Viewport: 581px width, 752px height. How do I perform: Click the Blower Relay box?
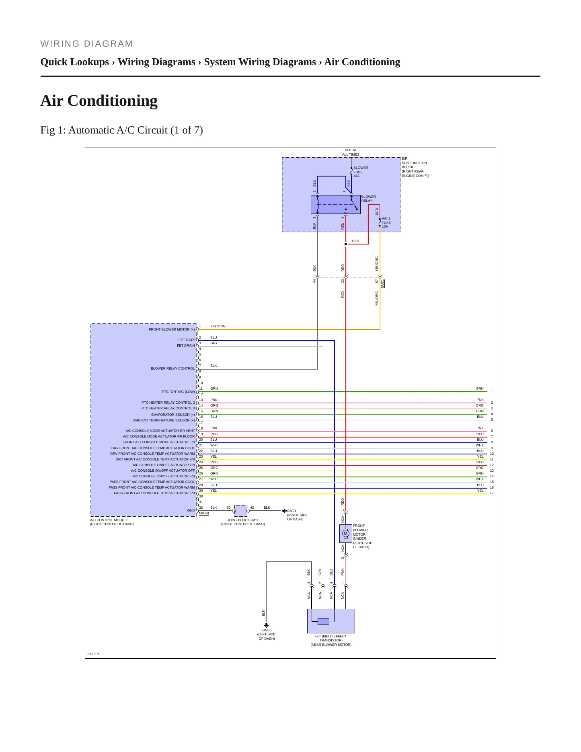pos(335,204)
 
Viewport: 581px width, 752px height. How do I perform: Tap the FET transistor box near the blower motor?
pos(331,621)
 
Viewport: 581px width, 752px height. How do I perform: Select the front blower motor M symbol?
pos(345,534)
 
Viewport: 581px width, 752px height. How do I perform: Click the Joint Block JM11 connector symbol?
pos(241,511)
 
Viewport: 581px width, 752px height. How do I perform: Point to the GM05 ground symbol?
pos(266,625)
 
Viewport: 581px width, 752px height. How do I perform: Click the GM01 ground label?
pos(292,511)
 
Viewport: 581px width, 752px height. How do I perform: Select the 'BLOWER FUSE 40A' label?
pos(361,172)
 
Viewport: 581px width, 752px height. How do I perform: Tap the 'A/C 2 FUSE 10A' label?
pos(386,222)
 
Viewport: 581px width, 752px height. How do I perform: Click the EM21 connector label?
pos(383,284)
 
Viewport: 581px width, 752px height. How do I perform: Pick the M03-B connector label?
pos(204,513)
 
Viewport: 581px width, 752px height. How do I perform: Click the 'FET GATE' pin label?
pos(187,340)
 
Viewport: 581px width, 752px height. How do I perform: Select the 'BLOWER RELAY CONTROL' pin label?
pos(173,368)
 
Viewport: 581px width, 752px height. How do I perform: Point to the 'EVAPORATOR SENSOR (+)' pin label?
pos(173,415)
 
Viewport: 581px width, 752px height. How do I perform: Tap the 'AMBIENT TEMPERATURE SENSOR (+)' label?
pos(164,420)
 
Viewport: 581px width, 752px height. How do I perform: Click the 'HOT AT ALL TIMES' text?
pos(351,152)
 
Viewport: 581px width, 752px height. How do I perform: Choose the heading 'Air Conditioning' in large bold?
pos(99,101)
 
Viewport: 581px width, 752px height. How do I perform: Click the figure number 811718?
pos(93,654)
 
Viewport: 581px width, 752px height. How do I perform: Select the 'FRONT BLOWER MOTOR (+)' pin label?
pos(172,329)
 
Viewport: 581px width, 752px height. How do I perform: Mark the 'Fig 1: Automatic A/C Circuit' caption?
pos(121,130)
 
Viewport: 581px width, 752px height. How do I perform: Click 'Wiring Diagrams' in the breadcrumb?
pos(156,62)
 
